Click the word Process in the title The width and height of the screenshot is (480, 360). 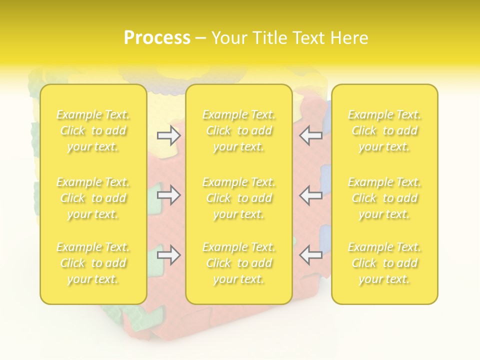[x=157, y=38]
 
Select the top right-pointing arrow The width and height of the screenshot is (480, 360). [x=169, y=136]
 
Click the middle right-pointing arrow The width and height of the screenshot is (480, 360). [x=169, y=195]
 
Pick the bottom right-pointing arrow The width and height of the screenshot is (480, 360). [x=169, y=255]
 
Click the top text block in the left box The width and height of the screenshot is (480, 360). [x=93, y=131]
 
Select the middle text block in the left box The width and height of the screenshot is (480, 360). [x=93, y=198]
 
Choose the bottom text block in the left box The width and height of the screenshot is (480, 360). [x=93, y=263]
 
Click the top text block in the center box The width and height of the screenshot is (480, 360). [x=238, y=131]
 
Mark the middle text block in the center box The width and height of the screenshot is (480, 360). [x=238, y=198]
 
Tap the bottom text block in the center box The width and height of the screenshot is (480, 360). [x=238, y=263]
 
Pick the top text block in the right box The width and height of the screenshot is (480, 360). [x=384, y=131]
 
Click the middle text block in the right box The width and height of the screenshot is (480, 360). [x=384, y=198]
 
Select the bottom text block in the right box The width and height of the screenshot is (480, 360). [x=384, y=263]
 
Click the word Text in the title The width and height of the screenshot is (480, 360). [x=309, y=38]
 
